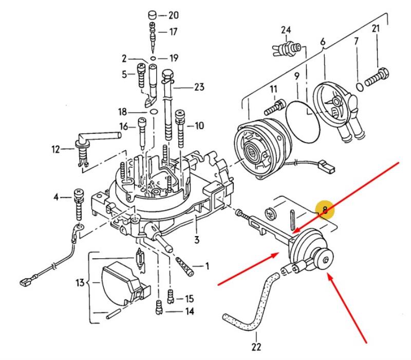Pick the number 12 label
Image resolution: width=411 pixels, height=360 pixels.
coord(56,150)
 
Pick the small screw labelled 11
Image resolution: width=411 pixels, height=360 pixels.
coord(274,107)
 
